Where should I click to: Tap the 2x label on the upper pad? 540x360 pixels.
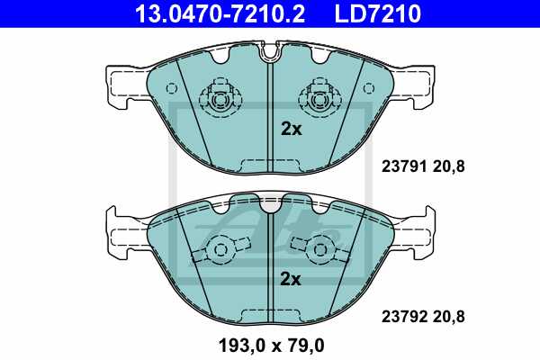pyautogui.click(x=291, y=129)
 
